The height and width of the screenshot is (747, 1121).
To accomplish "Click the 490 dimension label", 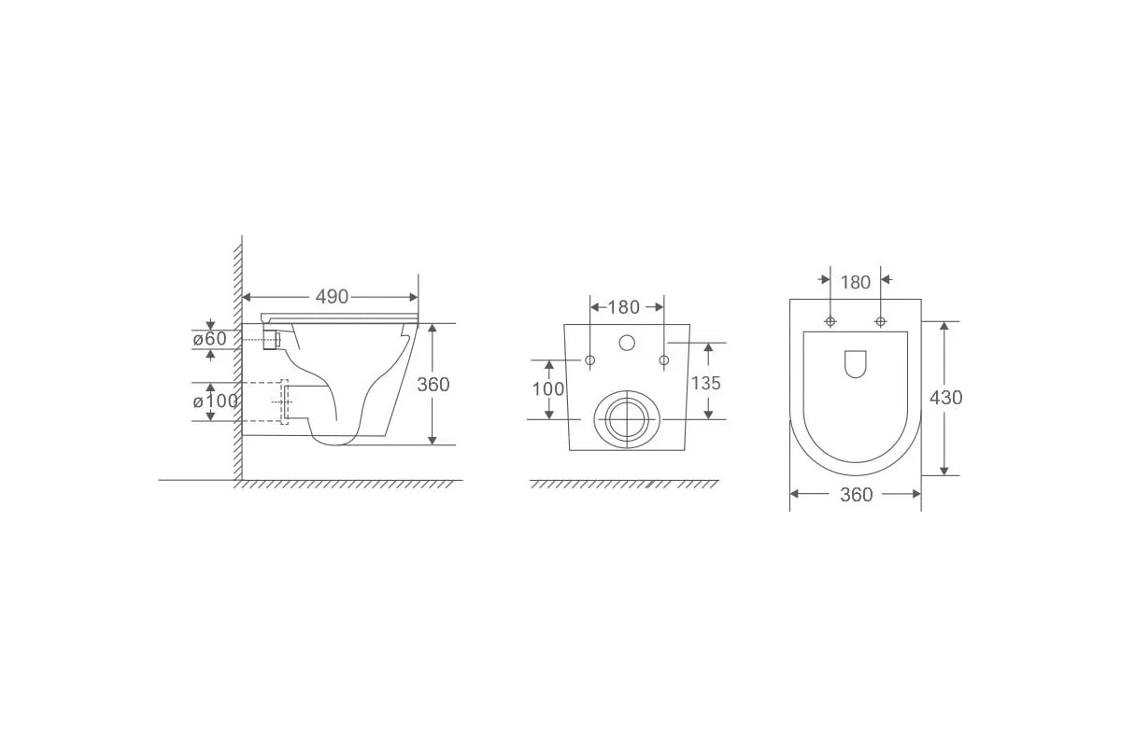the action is [332, 297].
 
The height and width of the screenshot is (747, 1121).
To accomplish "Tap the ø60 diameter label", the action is [210, 339].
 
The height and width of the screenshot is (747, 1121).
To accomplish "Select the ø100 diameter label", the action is [216, 401].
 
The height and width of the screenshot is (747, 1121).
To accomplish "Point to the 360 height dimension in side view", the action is [433, 385].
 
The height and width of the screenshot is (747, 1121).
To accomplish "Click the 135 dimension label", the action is [706, 383].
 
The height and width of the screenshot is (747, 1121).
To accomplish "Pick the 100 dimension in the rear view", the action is [548, 388].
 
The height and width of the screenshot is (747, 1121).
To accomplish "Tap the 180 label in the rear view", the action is [624, 307].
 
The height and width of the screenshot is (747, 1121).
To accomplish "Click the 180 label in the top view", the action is [856, 282].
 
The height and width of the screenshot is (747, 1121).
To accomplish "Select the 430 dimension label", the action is [945, 397].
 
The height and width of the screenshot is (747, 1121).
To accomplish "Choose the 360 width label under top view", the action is [857, 494].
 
